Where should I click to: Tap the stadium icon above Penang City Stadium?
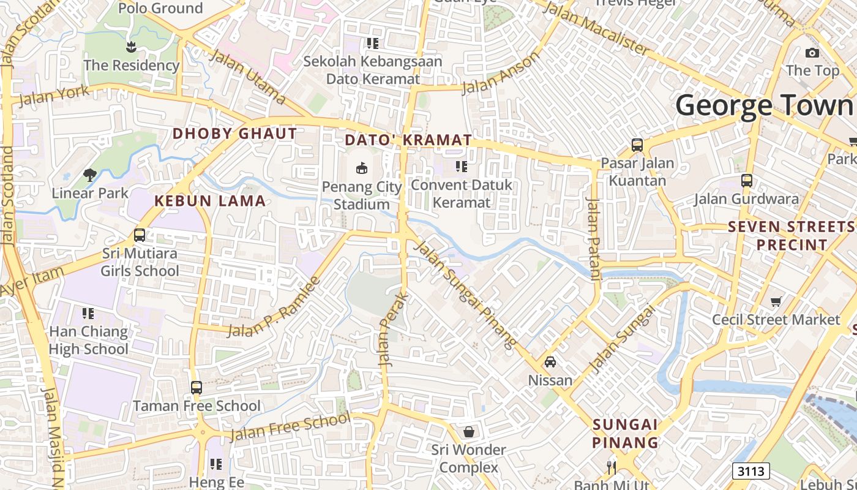[362, 167]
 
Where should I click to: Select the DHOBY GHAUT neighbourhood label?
[234, 134]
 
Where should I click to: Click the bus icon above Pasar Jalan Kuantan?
[637, 145]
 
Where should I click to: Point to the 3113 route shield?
[750, 471]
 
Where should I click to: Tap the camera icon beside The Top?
[812, 53]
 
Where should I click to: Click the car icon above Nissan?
[550, 362]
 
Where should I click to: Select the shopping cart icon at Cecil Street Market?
[776, 301]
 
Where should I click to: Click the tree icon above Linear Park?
[90, 175]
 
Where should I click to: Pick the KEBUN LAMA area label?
[210, 201]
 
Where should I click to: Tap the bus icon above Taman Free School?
[196, 387]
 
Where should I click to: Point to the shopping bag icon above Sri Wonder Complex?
[469, 432]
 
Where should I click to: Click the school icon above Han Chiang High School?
[88, 314]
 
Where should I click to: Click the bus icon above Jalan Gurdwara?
[746, 181]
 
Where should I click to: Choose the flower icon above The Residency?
[130, 46]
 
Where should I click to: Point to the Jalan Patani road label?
[593, 238]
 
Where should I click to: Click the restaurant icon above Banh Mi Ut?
[611, 468]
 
